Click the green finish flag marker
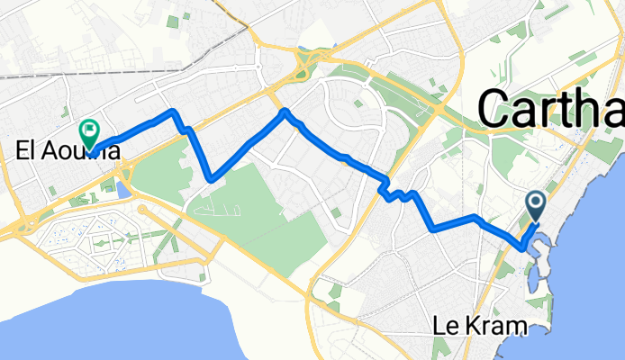pos(90,133)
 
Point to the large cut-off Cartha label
pos(549,109)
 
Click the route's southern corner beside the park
pos(210,179)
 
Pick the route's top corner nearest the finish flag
pos(171,112)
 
